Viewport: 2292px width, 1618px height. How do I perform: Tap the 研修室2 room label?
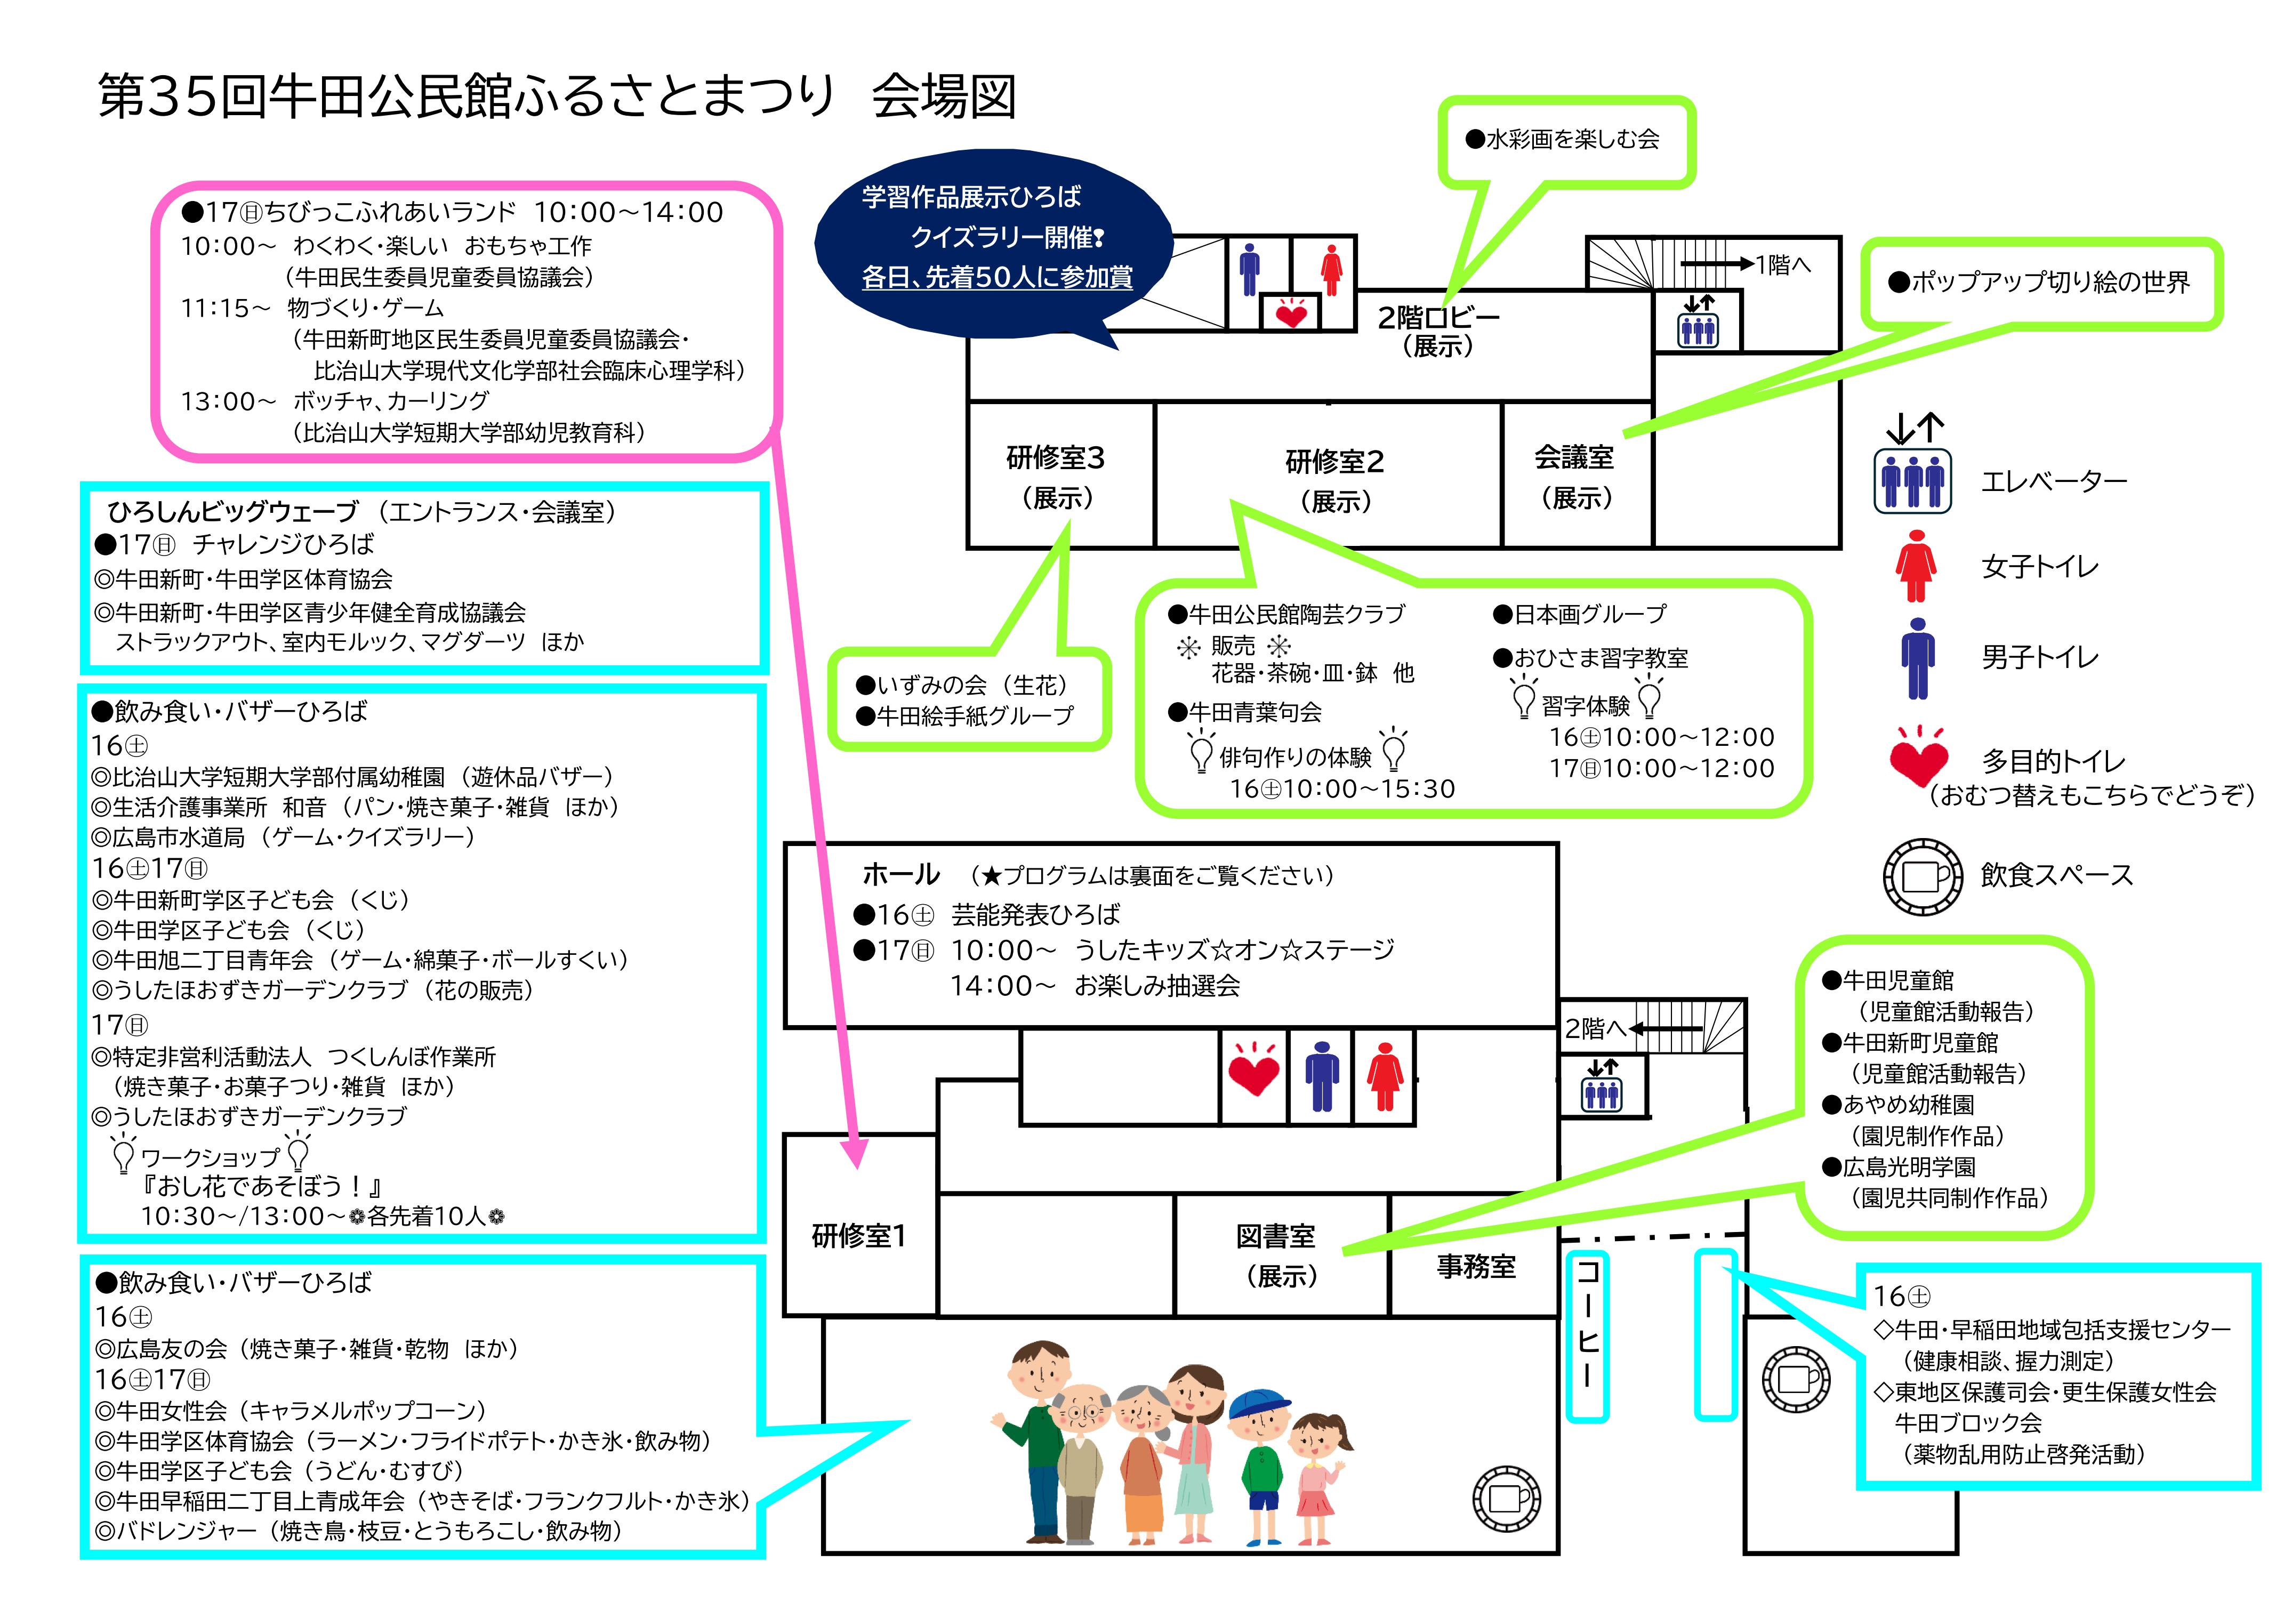pyautogui.click(x=1334, y=462)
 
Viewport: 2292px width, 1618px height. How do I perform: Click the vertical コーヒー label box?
pyautogui.click(x=1586, y=1335)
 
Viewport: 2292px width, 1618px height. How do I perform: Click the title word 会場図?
pyautogui.click(x=943, y=98)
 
